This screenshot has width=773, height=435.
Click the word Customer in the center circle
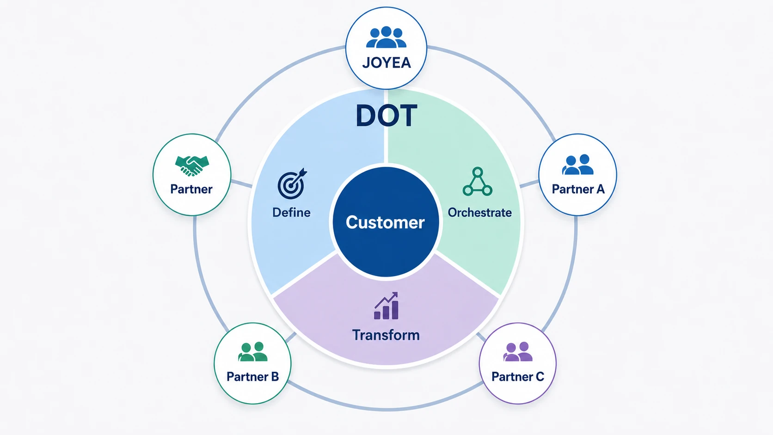point(385,222)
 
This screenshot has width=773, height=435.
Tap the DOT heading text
point(386,116)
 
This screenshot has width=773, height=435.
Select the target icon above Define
point(292,184)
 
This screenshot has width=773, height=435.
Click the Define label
point(291,213)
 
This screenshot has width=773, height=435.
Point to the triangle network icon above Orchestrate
point(478,182)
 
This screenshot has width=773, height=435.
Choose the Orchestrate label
point(480,213)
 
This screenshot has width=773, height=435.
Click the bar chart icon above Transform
point(386,306)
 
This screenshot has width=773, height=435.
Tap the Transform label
point(386,335)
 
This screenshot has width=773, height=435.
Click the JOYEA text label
point(386,63)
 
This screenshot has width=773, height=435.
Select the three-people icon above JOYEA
point(386,37)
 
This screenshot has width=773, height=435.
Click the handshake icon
point(192,165)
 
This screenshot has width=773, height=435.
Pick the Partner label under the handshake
point(191,189)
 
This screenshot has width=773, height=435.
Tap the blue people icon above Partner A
point(578,165)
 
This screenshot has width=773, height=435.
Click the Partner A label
point(578,189)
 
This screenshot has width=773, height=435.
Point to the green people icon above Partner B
point(252,351)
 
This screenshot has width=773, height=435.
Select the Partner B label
point(252,376)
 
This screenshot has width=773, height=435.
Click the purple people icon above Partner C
point(518,351)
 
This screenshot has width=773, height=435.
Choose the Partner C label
point(518,376)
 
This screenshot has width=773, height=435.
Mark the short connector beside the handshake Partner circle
point(241,184)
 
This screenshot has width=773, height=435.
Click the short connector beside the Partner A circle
point(529,184)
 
